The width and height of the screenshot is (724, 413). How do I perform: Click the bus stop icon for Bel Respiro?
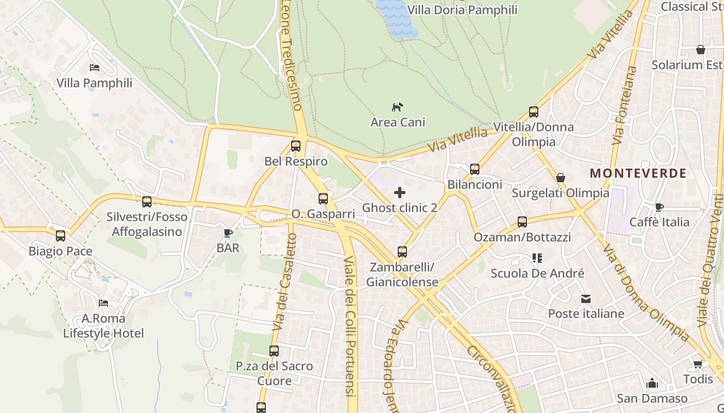point(296,146)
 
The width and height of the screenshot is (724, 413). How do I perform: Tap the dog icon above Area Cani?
point(397,107)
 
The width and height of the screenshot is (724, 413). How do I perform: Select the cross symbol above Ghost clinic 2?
point(400,193)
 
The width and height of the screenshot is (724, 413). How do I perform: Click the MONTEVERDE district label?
point(638,173)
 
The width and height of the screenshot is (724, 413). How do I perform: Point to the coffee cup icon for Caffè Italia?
point(659,207)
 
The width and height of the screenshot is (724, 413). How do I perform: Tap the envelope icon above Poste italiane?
point(586,299)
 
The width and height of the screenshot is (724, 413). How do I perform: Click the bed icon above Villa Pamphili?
point(95,68)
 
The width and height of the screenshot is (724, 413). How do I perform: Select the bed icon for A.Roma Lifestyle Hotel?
point(103,303)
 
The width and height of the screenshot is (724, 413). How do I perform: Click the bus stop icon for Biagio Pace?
point(61,236)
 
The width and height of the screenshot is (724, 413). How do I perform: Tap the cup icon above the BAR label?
point(228,233)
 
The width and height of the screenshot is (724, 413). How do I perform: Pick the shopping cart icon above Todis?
point(698,364)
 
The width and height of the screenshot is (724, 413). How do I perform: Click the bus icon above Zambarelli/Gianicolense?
point(402,252)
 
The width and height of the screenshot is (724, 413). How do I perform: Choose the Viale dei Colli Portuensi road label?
point(351,325)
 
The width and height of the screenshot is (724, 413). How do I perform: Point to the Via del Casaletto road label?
point(284,281)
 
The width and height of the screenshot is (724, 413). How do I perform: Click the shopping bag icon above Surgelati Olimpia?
point(560,178)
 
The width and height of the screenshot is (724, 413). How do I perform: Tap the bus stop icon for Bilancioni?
point(475,169)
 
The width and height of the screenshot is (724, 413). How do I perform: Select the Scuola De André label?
point(537,273)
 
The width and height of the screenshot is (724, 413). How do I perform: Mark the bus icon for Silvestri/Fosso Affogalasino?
point(147,201)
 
